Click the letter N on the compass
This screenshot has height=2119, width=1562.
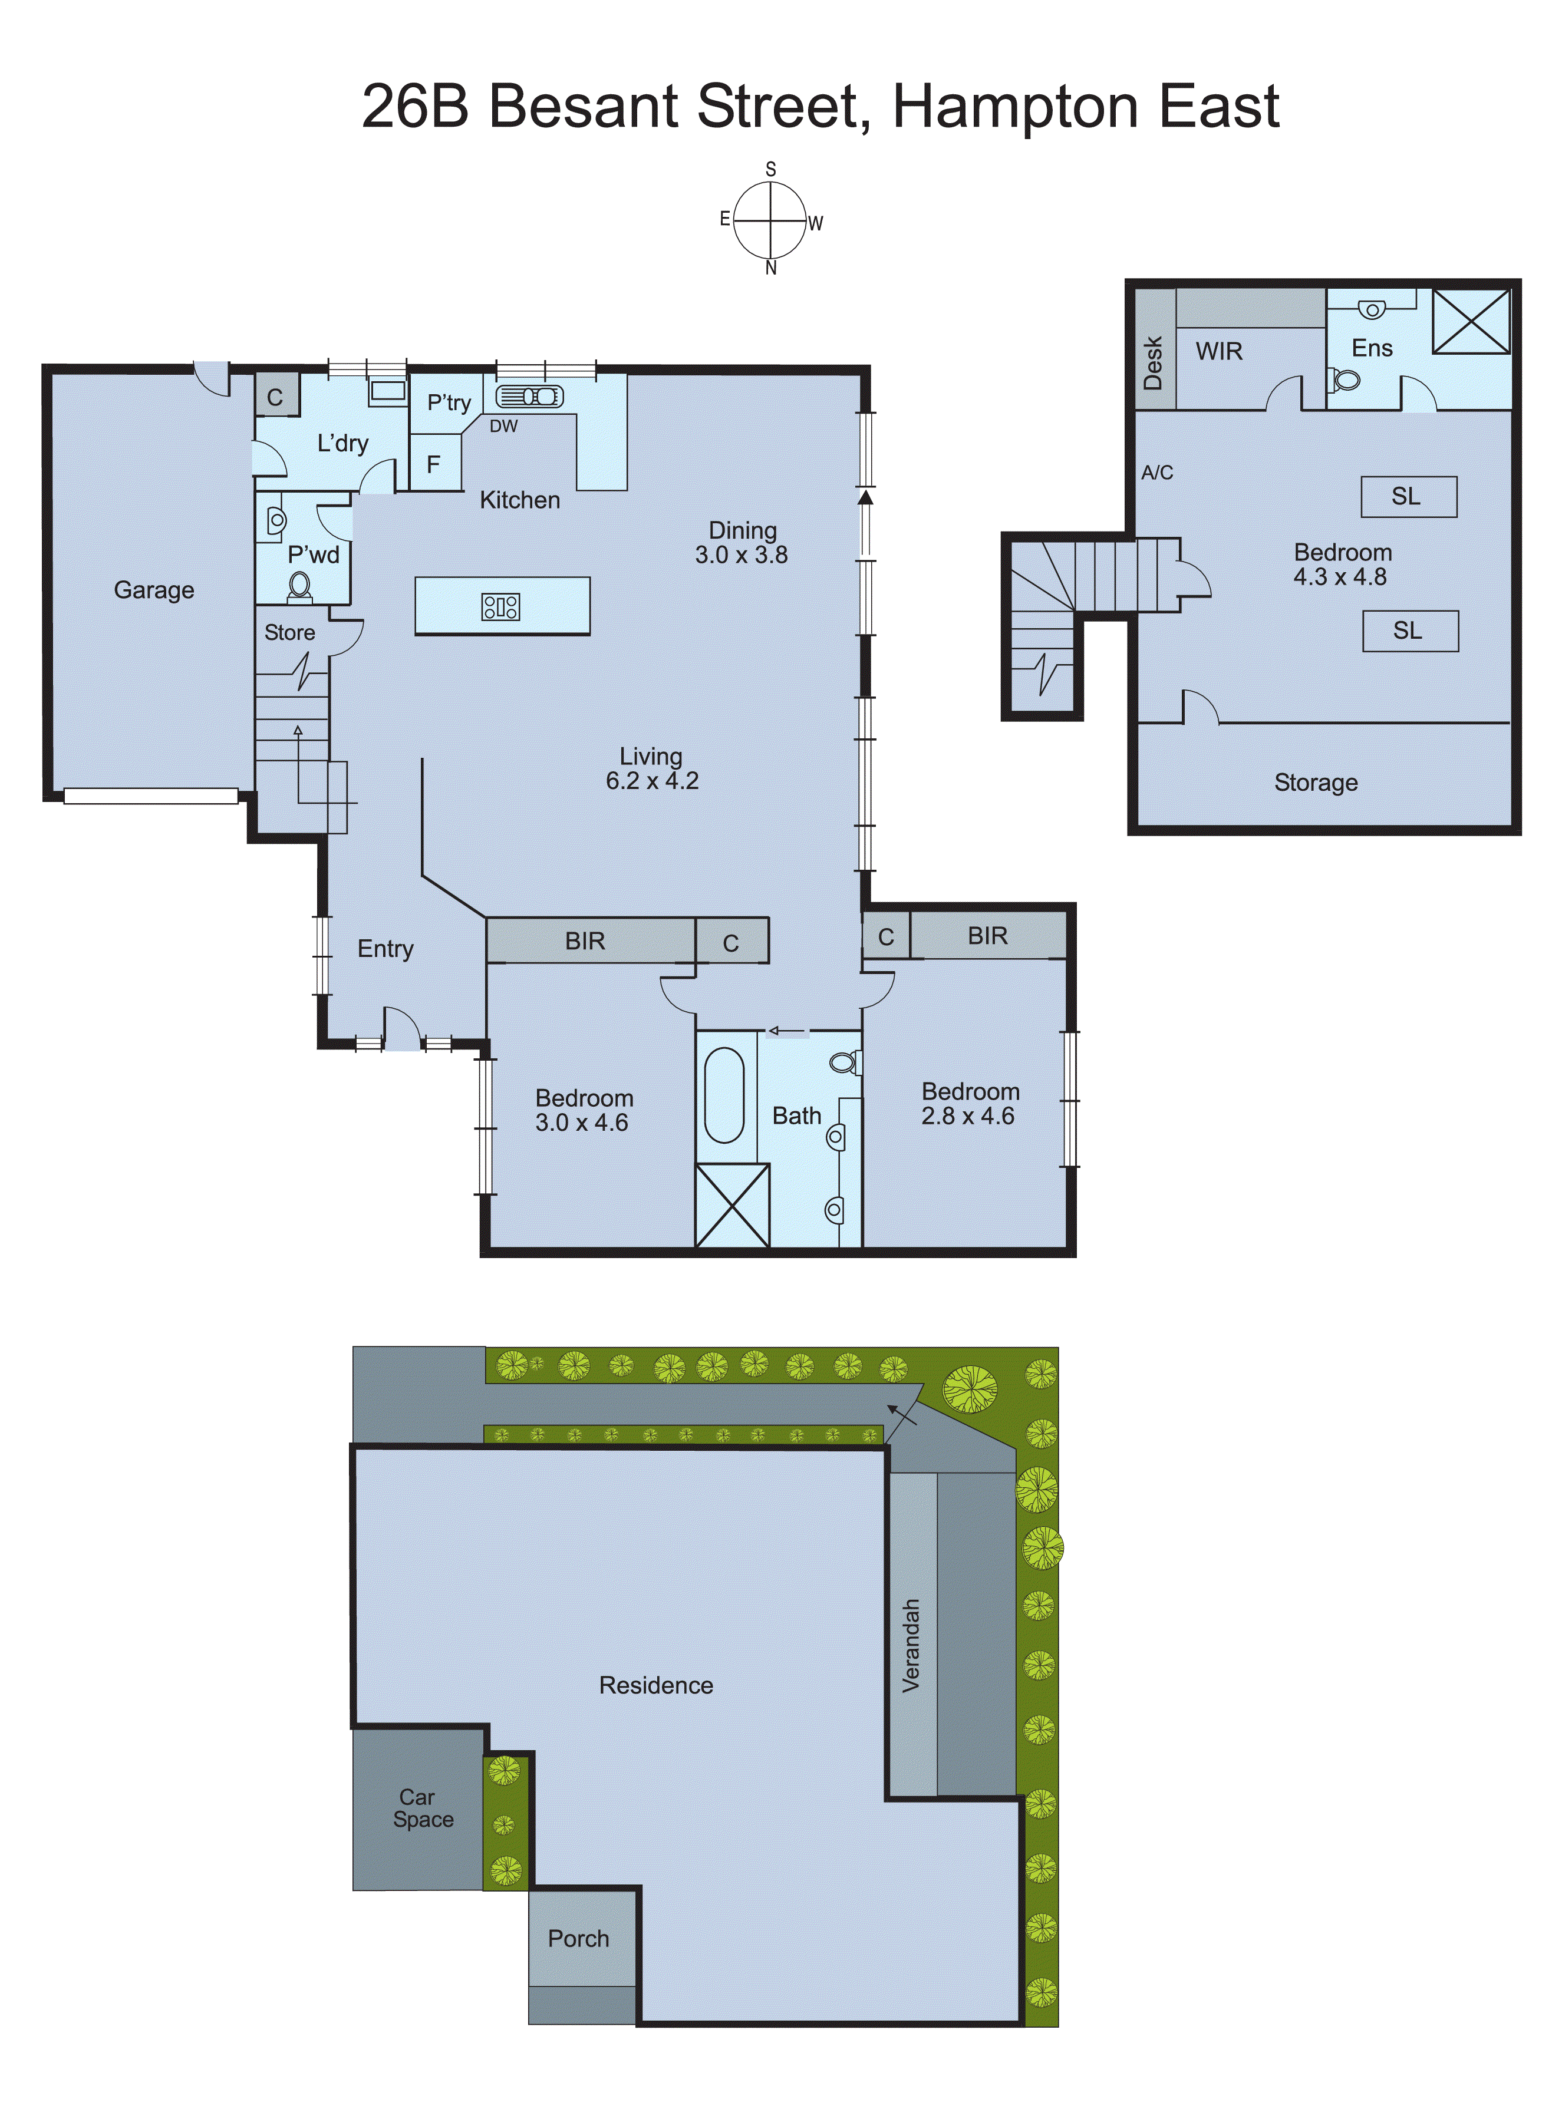[770, 268]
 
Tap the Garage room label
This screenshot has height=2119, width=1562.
[154, 590]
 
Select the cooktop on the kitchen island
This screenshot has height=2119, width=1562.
[500, 606]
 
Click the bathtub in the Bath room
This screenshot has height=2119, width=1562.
[724, 1094]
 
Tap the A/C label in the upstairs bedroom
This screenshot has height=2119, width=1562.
[1156, 473]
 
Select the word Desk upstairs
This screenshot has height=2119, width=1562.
[1152, 363]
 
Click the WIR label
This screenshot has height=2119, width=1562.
[1219, 352]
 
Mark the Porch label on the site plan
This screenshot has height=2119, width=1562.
[579, 1939]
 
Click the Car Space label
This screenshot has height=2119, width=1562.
[421, 1808]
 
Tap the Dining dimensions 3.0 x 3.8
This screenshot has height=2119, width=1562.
[742, 555]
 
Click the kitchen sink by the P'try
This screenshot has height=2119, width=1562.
[529, 396]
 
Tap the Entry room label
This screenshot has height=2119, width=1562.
[385, 948]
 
